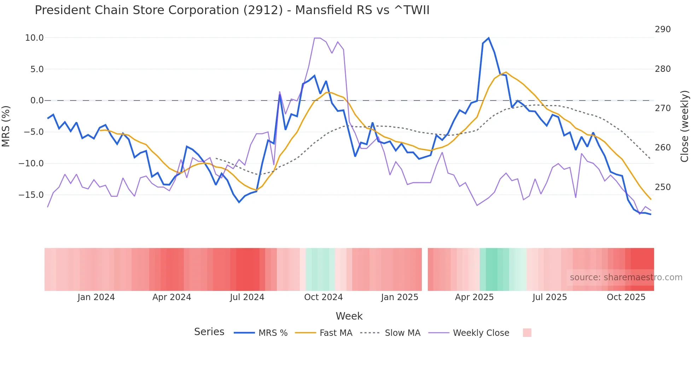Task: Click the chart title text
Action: tap(232, 10)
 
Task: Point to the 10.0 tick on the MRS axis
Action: tap(34, 38)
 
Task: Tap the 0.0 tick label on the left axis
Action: tap(37, 101)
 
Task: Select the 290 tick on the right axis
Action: tap(663, 29)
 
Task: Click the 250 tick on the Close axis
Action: tap(663, 187)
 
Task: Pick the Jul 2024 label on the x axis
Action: tap(247, 297)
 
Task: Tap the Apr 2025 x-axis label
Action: tap(474, 297)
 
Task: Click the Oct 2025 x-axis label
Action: tap(626, 297)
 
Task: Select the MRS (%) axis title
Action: tap(6, 126)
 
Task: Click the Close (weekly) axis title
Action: tap(685, 126)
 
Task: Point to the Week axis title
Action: tap(349, 316)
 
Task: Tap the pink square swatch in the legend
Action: tap(527, 333)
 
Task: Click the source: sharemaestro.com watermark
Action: tap(626, 277)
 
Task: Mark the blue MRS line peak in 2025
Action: tap(489, 38)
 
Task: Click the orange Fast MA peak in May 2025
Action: tap(506, 72)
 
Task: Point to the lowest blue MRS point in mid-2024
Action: tap(239, 202)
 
